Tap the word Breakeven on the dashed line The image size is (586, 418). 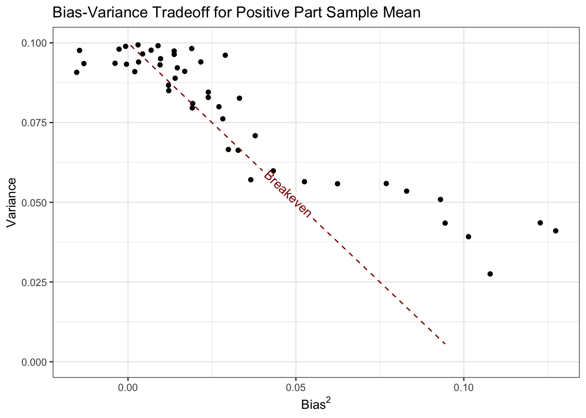click(288, 194)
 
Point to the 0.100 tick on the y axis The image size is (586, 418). click(36, 43)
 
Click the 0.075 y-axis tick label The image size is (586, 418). click(36, 123)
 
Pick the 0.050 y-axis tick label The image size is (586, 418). click(36, 202)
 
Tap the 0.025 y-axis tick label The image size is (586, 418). click(36, 282)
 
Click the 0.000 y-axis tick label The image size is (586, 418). click(36, 362)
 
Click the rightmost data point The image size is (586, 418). click(555, 231)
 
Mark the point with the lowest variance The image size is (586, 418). click(490, 274)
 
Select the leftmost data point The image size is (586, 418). click(77, 72)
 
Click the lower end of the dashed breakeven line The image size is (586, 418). click(445, 344)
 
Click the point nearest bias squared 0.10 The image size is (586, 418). click(469, 237)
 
